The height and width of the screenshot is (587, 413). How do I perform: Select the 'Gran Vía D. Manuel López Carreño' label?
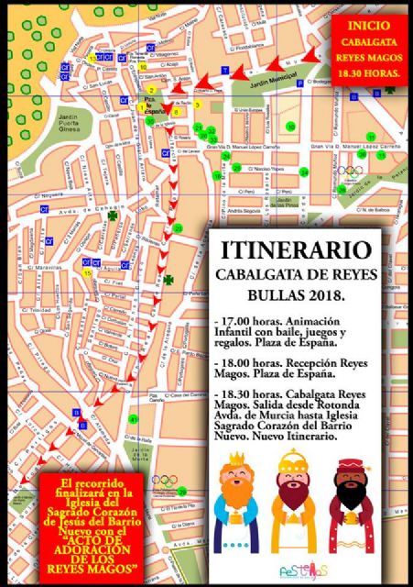pyautogui.click(x=242, y=146)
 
